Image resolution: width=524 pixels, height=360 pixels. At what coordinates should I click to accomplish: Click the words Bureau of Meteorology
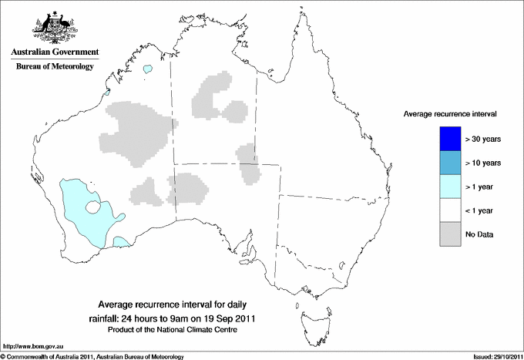pyautogui.click(x=55, y=67)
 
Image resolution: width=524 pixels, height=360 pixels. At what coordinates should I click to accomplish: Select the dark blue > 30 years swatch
pyautogui.click(x=449, y=139)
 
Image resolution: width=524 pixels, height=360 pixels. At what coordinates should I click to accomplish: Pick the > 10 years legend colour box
pyautogui.click(x=449, y=163)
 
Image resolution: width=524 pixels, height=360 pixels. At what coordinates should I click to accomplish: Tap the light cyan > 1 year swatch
pyautogui.click(x=449, y=187)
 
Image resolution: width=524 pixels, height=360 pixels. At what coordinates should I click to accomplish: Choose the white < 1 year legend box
pyautogui.click(x=449, y=210)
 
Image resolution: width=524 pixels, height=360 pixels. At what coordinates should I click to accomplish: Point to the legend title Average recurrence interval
pyautogui.click(x=449, y=113)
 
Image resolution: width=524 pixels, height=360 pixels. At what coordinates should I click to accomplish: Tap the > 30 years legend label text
pyautogui.click(x=483, y=139)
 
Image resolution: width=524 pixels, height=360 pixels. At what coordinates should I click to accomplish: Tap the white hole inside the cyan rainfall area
pyautogui.click(x=93, y=207)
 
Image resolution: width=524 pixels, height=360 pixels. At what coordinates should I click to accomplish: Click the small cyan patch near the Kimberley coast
pyautogui.click(x=147, y=70)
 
